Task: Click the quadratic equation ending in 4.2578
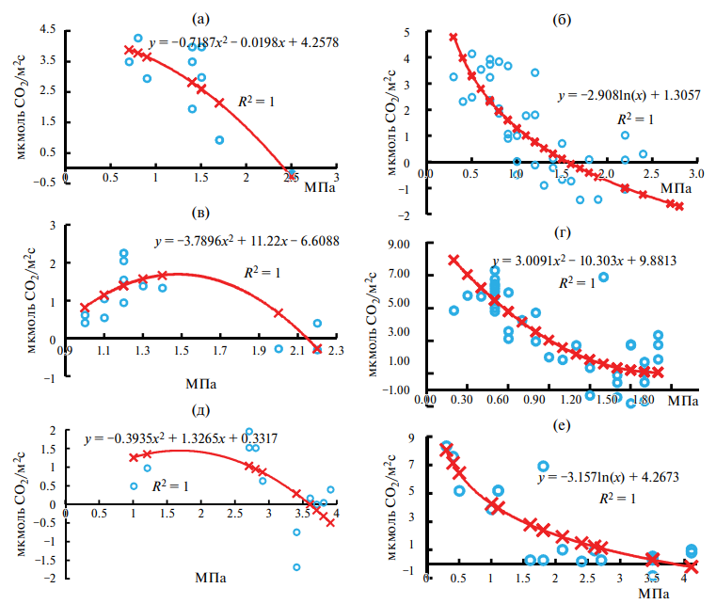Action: pos(243,42)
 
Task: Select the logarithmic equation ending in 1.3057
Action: pos(622,96)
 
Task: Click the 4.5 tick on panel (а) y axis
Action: pos(43,29)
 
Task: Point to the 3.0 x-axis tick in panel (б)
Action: pos(696,174)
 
